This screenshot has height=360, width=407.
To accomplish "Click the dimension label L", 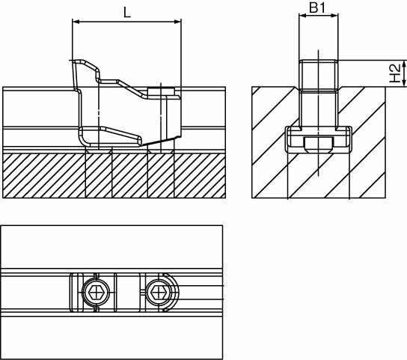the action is point(127,13).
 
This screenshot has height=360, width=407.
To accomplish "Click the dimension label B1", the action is point(317,7).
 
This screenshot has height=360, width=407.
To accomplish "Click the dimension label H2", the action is point(395,73).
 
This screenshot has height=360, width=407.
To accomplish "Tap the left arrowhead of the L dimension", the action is point(76,22).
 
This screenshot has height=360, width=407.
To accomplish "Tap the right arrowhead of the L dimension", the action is point(178,22).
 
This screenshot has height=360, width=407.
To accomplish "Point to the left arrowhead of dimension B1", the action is point(302,16).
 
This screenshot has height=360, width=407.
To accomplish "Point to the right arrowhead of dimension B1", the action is point(334,16).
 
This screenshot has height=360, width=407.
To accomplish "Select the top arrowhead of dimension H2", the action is point(403,64).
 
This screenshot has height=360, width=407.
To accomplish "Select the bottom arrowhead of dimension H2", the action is point(403,83).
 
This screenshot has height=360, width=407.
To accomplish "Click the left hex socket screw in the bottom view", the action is point(96,292).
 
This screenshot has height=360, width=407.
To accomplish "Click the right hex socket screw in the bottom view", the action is point(159,292).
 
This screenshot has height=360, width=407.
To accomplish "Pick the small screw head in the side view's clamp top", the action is point(161,92).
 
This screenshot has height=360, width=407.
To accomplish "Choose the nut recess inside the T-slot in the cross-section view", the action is point(319,144).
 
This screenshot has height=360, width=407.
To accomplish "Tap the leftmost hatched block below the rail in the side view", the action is point(44,176).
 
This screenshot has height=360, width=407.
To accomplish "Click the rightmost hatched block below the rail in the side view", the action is point(200,176).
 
